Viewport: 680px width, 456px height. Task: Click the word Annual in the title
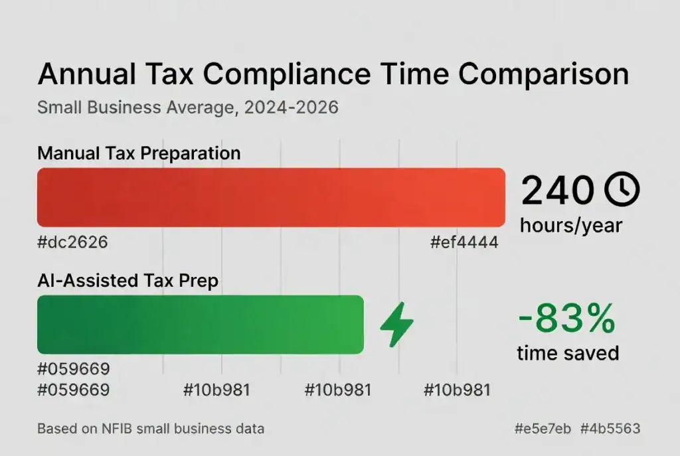coord(82,74)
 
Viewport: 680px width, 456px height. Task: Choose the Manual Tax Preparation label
coord(139,153)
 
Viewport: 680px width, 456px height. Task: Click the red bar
coord(271,197)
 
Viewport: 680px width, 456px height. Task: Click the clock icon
coord(622,190)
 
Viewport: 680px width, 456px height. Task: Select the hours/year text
coord(570,225)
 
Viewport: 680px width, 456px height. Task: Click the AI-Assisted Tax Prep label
coord(128,281)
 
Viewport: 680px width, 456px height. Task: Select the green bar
coord(201,324)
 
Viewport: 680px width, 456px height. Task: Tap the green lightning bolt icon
coord(396,324)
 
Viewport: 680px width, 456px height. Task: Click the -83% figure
coord(566,320)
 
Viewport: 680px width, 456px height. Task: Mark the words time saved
coord(568,352)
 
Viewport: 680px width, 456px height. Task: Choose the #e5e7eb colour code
coord(543,428)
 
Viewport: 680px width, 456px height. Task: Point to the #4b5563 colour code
coord(610,428)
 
